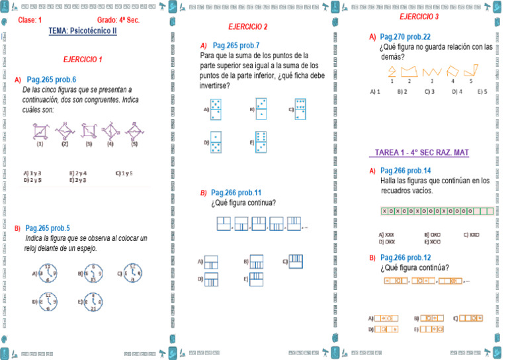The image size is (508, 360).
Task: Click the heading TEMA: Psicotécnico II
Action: [x=83, y=30]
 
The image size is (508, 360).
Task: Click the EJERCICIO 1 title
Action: [x=83, y=60]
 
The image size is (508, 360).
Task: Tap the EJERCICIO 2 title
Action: [x=247, y=27]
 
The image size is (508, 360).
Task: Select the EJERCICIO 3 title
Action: [x=419, y=16]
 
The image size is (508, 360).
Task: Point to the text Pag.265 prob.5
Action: [x=52, y=228]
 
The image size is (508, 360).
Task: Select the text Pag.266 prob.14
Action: [x=405, y=170]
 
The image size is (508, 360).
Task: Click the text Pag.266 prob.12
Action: [x=405, y=257]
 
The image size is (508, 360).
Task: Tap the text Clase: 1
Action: [x=30, y=21]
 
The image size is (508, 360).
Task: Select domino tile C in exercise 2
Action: [x=301, y=109]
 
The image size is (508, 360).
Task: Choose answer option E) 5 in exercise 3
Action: [x=482, y=91]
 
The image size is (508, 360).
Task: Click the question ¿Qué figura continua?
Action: [x=243, y=202]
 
